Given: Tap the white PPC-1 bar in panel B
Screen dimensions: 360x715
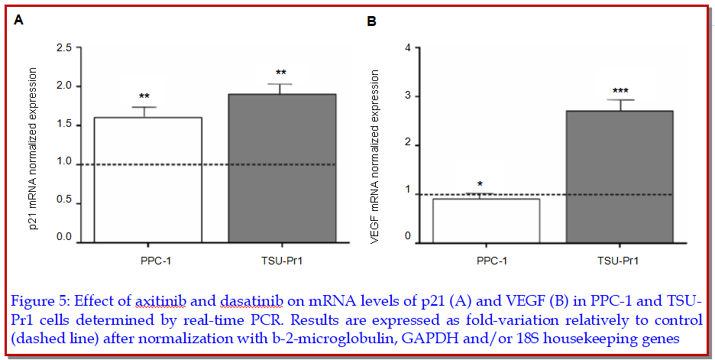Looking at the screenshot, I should (x=487, y=220).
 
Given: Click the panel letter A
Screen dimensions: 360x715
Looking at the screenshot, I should (x=19, y=21).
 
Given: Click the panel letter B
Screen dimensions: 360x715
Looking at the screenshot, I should (x=372, y=21).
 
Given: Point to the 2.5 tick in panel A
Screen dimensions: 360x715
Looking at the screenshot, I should (x=64, y=48).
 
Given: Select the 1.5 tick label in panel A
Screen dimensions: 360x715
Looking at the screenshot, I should (x=64, y=125).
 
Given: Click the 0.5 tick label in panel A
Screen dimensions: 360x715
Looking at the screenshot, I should (x=64, y=200).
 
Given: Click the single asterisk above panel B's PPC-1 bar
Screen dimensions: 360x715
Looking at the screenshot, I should (x=480, y=185).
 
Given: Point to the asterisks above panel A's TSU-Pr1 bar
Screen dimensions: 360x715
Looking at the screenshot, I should (x=280, y=73).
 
